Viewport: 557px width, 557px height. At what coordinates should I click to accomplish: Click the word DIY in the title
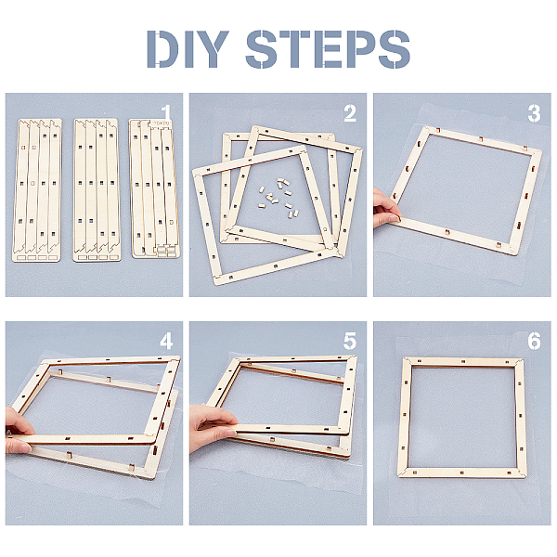point(188,49)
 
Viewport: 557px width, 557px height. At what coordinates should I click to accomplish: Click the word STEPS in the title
point(328,49)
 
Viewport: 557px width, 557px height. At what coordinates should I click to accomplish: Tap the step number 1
point(166,113)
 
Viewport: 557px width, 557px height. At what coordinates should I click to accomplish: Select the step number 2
point(350,113)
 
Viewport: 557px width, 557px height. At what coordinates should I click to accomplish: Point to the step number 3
point(534,113)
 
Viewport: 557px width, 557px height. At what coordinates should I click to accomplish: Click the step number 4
point(166,342)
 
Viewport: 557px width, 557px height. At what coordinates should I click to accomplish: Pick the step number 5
point(350,342)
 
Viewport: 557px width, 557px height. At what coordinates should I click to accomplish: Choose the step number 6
point(534,342)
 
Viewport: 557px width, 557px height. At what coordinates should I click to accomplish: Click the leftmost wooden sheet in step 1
point(37,190)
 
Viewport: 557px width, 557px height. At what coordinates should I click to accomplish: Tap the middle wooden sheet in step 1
point(96,190)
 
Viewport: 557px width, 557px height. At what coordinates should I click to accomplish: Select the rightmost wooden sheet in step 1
point(154,188)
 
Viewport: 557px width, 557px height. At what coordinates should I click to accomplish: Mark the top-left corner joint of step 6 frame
point(408,362)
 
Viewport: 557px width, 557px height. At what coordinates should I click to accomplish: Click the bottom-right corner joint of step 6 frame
point(520,473)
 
